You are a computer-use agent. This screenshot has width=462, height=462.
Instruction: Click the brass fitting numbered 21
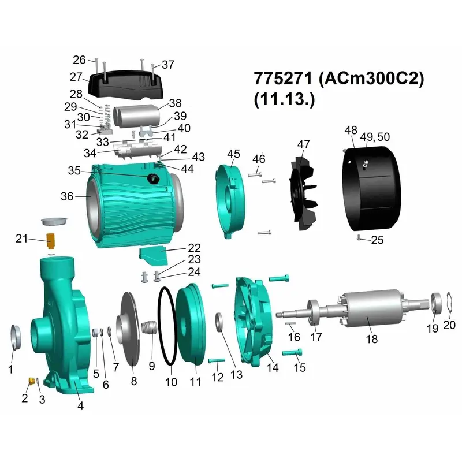51,240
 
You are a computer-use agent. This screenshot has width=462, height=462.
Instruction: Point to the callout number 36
67,196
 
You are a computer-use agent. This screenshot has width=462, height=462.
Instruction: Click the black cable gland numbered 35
154,178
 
